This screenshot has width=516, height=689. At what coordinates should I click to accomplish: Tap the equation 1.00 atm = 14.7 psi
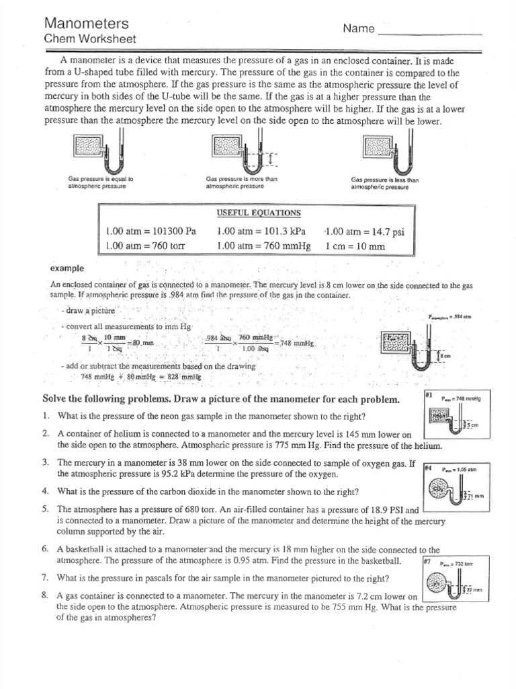pos(365,231)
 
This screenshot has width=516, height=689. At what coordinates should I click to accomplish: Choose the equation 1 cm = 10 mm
pos(355,246)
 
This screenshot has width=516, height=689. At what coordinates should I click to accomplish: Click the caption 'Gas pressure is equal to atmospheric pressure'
pos(101,183)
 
